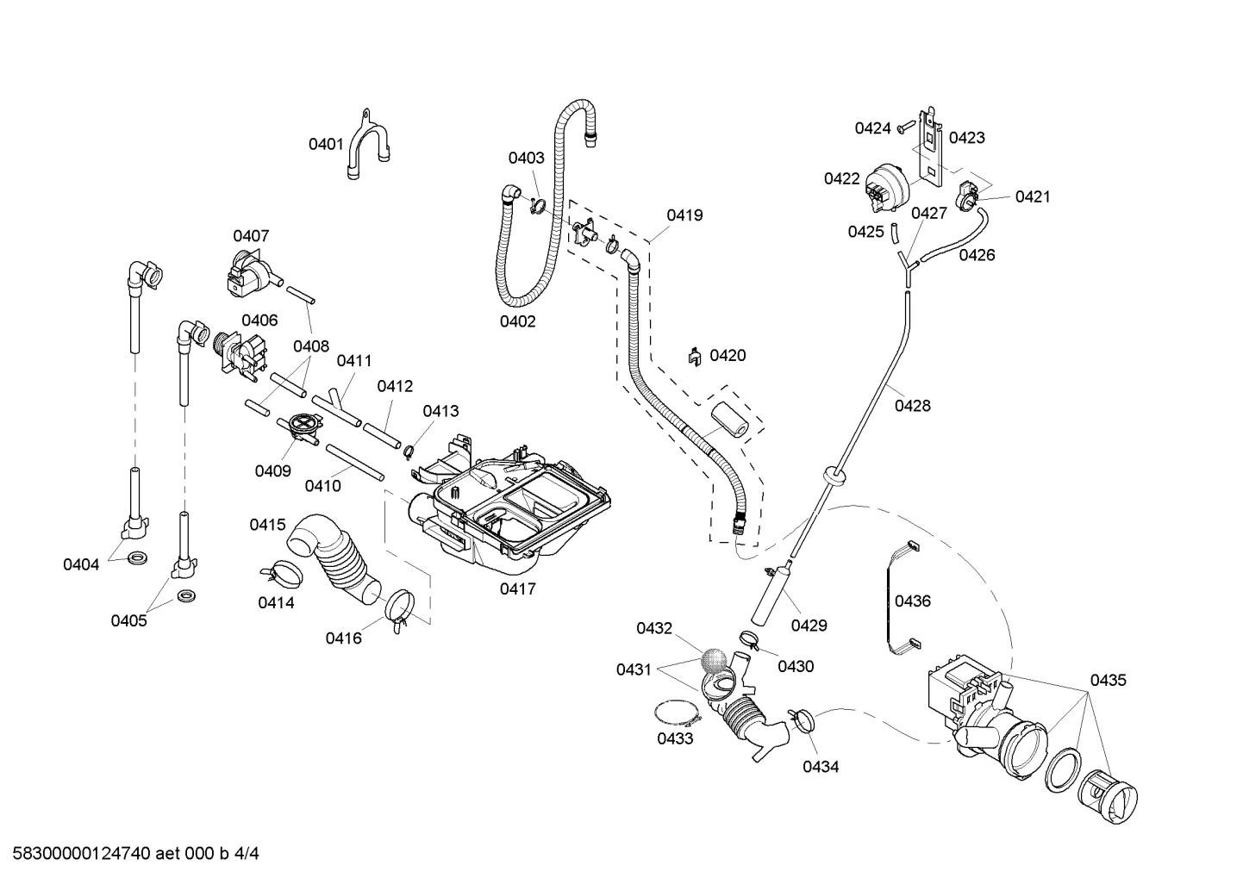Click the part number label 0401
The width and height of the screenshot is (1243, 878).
[327, 144]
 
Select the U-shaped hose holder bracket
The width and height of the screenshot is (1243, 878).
[368, 146]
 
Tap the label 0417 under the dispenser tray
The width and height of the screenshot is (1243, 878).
[517, 589]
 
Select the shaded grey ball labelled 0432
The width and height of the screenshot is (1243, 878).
[713, 660]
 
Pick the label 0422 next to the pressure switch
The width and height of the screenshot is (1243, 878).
[841, 178]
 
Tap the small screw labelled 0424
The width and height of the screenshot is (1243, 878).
[903, 128]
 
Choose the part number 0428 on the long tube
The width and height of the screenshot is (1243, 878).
[912, 406]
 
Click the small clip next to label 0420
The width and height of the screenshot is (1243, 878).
[693, 356]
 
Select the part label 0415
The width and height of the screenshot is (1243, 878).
[267, 525]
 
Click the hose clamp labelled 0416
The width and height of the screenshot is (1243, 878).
[398, 607]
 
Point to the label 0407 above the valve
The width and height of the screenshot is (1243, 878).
[251, 235]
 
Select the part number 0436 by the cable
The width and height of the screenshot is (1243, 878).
[912, 601]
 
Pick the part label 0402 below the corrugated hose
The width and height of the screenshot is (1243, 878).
[517, 321]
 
